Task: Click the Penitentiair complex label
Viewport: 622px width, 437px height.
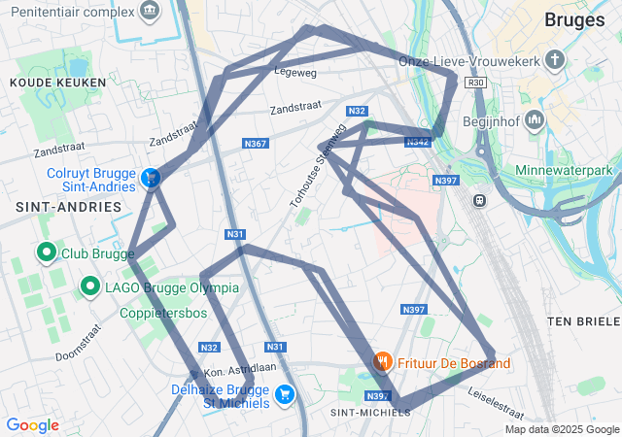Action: [68, 12]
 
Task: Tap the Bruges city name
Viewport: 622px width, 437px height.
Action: [574, 19]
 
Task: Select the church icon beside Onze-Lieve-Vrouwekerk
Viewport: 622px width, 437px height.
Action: [555, 60]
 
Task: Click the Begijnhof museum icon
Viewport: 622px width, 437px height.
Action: [534, 120]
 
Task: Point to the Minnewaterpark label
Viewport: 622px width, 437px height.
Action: [570, 171]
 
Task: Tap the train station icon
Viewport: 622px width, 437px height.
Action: [479, 199]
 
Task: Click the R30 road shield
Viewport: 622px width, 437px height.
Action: [475, 84]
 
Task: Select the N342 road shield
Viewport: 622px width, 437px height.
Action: [418, 142]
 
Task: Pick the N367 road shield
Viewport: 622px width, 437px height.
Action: [255, 144]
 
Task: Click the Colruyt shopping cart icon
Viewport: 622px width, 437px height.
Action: [151, 178]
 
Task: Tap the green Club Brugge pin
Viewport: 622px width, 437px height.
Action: [46, 253]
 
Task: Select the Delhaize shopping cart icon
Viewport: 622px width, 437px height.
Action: [285, 393]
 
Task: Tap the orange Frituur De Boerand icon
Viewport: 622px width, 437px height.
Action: [383, 363]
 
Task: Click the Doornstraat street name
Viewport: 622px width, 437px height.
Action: [79, 343]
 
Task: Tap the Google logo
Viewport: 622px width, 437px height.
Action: [32, 425]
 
